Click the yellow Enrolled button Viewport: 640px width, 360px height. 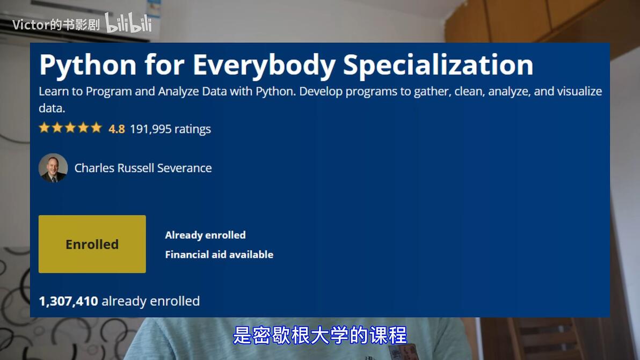tap(92, 244)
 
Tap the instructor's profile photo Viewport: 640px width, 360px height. tap(53, 167)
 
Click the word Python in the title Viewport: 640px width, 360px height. tap(88, 65)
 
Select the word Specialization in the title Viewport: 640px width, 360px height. tap(438, 65)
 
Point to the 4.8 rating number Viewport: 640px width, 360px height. tap(117, 129)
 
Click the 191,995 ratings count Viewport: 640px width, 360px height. tap(170, 129)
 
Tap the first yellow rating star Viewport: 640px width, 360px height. tap(44, 128)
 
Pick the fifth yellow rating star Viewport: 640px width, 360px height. tap(96, 128)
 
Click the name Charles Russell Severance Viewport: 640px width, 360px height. tap(143, 168)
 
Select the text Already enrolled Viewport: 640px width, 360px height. tap(205, 235)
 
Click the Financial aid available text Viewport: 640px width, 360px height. tap(219, 254)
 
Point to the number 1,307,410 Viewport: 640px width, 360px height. tap(69, 302)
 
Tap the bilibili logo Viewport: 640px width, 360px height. tap(128, 23)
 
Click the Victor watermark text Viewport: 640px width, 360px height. tap(56, 25)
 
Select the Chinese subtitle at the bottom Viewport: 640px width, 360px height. tap(320, 335)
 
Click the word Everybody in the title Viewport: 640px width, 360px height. tap(264, 65)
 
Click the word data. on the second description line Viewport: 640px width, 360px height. tap(52, 108)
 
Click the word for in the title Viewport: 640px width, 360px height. tap(164, 65)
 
